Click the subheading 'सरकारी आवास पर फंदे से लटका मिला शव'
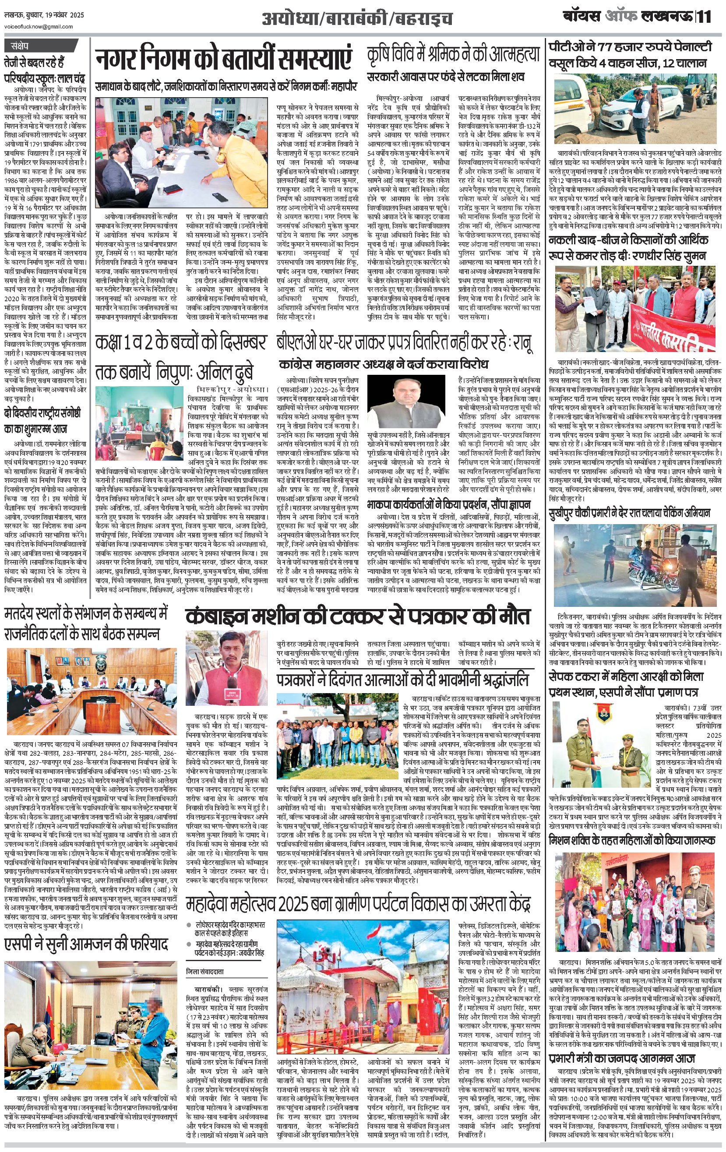tap(446, 77)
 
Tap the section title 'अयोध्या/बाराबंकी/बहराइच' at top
tap(357, 19)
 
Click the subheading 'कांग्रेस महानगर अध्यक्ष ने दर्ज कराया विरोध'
tap(384, 365)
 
